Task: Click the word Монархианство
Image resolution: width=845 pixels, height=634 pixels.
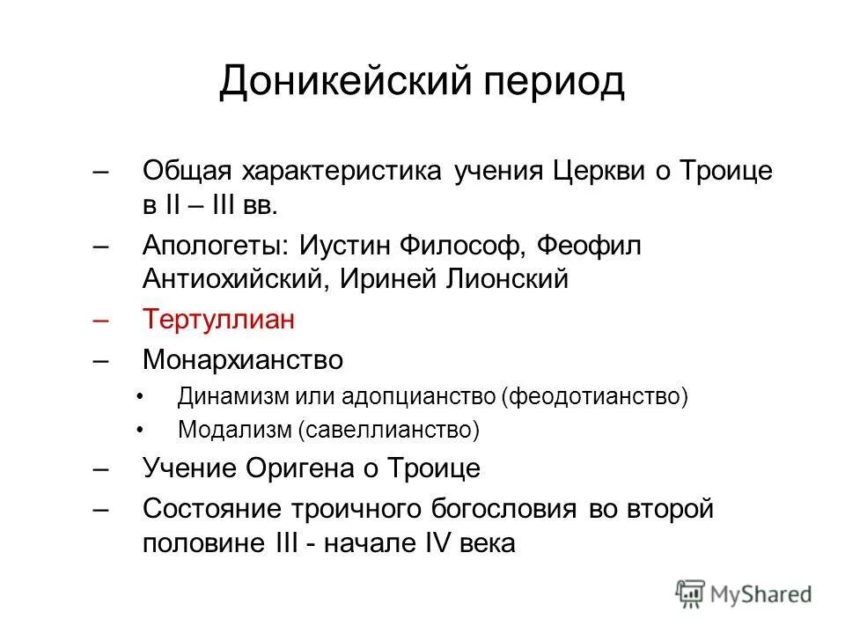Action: click(x=243, y=360)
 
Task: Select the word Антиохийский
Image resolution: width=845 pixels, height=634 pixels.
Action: click(x=234, y=280)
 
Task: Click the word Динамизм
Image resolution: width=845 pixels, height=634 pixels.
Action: click(x=222, y=396)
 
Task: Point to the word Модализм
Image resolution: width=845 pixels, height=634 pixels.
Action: click(x=234, y=431)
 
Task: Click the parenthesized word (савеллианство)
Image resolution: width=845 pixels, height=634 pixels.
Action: click(x=388, y=431)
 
